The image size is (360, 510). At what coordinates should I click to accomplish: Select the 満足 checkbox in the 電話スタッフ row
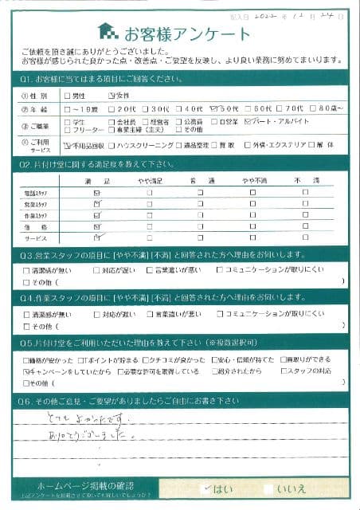pyautogui.click(x=97, y=193)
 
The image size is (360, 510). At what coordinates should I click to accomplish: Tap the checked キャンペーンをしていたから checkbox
pyautogui.click(x=28, y=371)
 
